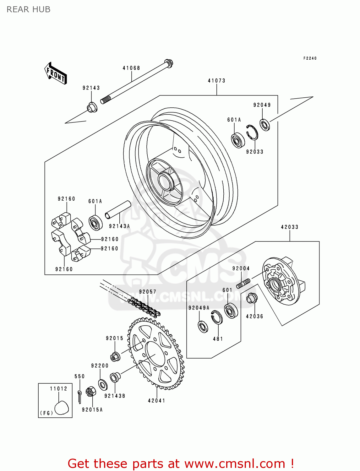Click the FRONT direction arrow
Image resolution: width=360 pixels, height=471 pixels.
pyautogui.click(x=56, y=73)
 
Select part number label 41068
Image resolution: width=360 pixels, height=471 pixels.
pyautogui.click(x=131, y=68)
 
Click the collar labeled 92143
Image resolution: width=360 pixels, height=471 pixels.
pyautogui.click(x=92, y=107)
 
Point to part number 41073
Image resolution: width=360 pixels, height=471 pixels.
pyautogui.click(x=216, y=81)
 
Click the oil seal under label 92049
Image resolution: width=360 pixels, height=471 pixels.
pyautogui.click(x=265, y=125)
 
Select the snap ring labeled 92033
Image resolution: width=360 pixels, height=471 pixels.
pyautogui.click(x=252, y=132)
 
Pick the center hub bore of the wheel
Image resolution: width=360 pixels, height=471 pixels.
pyautogui.click(x=165, y=182)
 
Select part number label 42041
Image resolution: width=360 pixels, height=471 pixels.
pyautogui.click(x=156, y=401)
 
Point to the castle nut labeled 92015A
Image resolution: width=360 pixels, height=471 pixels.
pyautogui.click(x=90, y=392)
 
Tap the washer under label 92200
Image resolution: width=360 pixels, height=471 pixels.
pyautogui.click(x=102, y=385)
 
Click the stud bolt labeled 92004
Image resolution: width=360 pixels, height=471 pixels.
pyautogui.click(x=243, y=284)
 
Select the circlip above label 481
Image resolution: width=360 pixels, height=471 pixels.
pyautogui.click(x=216, y=317)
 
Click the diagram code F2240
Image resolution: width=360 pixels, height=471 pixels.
pyautogui.click(x=310, y=58)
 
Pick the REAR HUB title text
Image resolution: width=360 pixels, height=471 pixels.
pyautogui.click(x=29, y=9)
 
